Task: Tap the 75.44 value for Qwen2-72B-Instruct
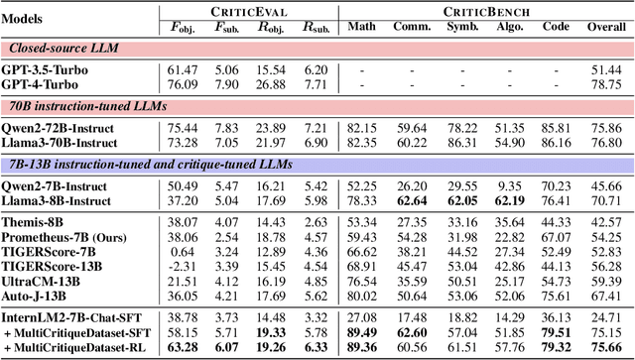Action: (x=199, y=129)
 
